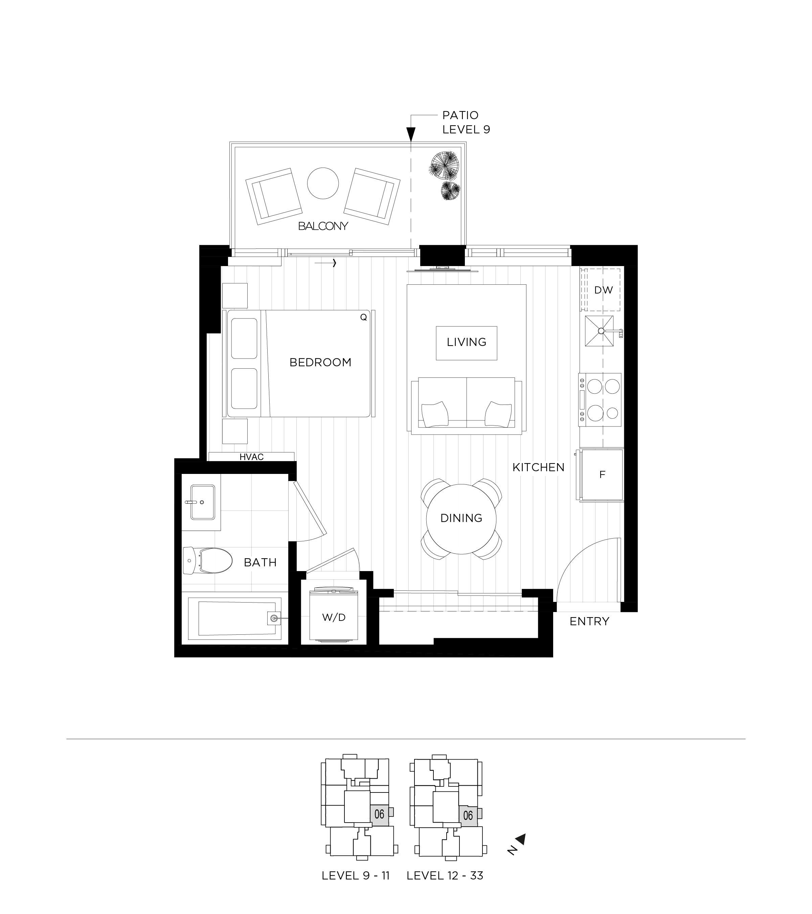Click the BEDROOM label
tap(320, 362)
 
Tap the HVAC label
tap(252, 457)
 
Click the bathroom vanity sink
tap(202, 502)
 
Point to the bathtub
tap(234, 618)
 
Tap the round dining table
tap(461, 519)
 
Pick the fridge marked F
tap(602, 475)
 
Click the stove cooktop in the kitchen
tap(600, 399)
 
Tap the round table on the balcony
tap(323, 183)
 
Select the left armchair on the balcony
tap(273, 196)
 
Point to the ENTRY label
tap(589, 621)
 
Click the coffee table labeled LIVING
tap(466, 343)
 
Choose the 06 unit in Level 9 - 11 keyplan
tap(379, 814)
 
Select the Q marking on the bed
tap(363, 317)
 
